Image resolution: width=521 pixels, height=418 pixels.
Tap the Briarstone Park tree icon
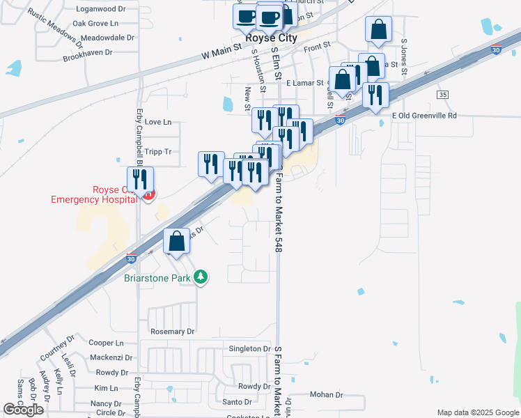(201, 277)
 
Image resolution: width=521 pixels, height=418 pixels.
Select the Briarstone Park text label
(157, 277)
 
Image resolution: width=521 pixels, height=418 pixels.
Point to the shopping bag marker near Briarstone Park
(178, 241)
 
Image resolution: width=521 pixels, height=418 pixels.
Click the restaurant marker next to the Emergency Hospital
(140, 180)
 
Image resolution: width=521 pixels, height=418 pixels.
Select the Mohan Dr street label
(327, 395)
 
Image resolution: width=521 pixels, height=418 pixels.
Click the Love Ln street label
(157, 122)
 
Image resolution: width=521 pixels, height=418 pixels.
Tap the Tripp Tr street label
(157, 151)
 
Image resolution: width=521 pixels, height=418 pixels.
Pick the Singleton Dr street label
(249, 348)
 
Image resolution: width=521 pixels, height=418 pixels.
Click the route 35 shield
(442, 94)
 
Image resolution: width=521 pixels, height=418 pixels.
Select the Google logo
(24, 410)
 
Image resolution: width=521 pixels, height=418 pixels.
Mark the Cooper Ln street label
(106, 343)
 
